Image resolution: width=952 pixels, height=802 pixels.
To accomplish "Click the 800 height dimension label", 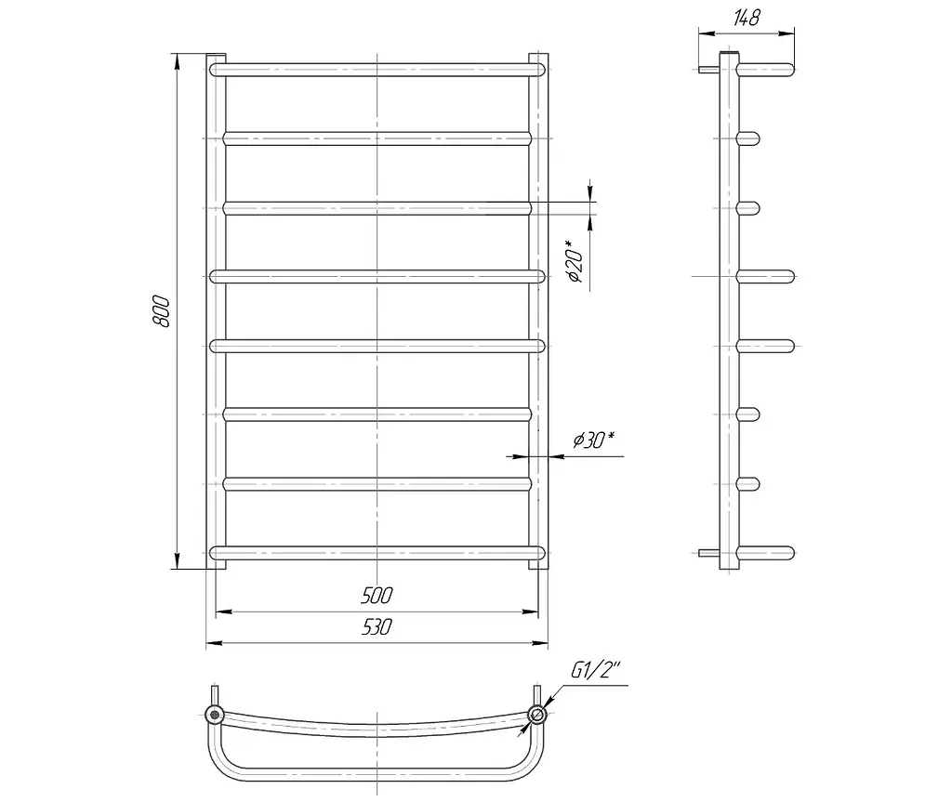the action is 162,311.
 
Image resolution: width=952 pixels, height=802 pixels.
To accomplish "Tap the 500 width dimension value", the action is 377,596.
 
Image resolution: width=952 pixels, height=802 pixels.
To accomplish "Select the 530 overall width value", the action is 377,626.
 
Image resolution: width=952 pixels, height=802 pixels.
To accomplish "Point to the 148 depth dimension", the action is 747,18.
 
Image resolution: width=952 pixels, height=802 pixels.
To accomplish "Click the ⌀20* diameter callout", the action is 574,261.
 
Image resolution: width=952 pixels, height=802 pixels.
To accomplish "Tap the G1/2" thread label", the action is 596,670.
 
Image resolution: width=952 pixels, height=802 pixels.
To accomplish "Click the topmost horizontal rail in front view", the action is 377,69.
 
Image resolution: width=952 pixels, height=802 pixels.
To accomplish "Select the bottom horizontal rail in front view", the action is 377,552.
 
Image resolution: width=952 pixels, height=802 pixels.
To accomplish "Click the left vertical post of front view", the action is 216,311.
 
